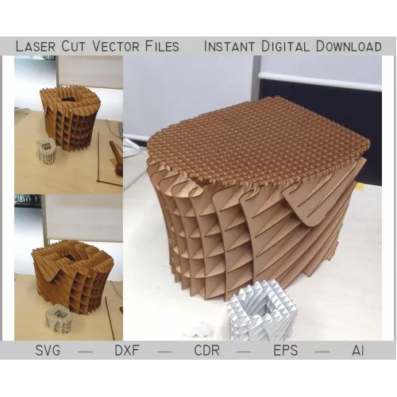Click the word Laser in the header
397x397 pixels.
point(36,46)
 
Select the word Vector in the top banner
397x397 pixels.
point(116,46)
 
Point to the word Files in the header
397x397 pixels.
point(162,46)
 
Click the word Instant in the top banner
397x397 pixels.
point(229,46)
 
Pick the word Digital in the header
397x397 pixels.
point(285,46)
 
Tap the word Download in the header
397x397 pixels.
point(349,46)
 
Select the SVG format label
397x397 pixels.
point(48,350)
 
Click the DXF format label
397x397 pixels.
point(127,350)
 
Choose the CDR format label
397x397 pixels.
point(206,350)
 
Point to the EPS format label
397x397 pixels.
point(286,350)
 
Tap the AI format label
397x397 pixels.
point(358,350)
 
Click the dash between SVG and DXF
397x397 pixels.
point(86,352)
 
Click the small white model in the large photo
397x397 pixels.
point(262,314)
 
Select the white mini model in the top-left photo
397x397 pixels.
point(46,151)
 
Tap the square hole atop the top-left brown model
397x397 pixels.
point(66,99)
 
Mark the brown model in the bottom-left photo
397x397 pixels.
point(73,276)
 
